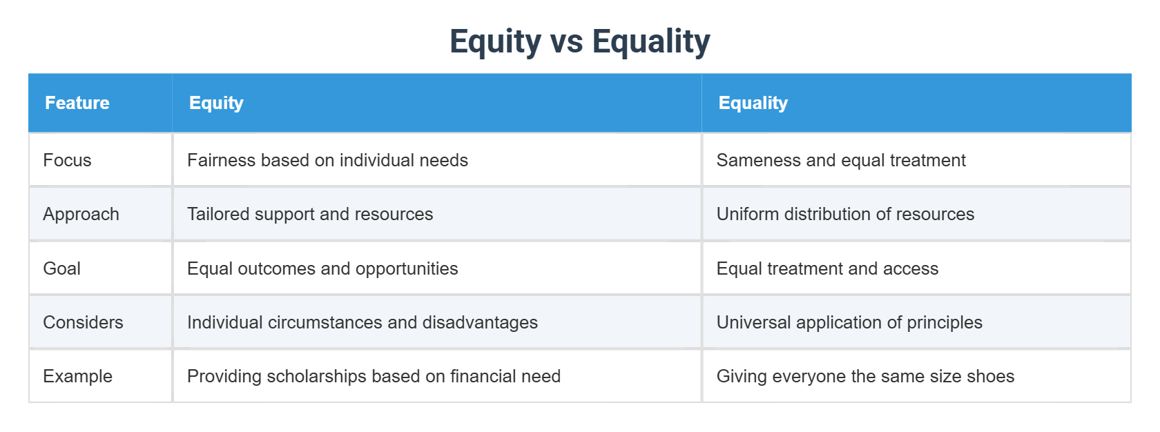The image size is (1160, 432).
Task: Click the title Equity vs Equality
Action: (579, 41)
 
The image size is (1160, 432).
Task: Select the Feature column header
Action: (77, 103)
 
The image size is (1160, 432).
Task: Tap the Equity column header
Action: (216, 103)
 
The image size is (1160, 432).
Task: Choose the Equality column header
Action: (753, 103)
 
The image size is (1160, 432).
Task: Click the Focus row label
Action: (67, 160)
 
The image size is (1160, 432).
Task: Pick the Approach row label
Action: (81, 214)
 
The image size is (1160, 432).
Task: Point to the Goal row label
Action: (61, 268)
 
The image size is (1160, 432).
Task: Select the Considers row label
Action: (83, 322)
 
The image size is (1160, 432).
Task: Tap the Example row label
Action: (77, 376)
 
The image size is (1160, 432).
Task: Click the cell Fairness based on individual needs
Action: (327, 160)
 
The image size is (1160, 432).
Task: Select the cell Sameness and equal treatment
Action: (840, 160)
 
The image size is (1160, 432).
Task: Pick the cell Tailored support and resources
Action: (310, 214)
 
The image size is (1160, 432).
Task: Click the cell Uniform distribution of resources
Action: (845, 214)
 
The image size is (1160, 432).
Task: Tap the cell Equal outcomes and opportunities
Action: (322, 268)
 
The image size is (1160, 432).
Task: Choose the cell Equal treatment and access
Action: (827, 268)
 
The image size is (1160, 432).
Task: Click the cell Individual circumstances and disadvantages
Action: (362, 322)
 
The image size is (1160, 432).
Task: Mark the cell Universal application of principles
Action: (849, 322)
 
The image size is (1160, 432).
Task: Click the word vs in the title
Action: (566, 41)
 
